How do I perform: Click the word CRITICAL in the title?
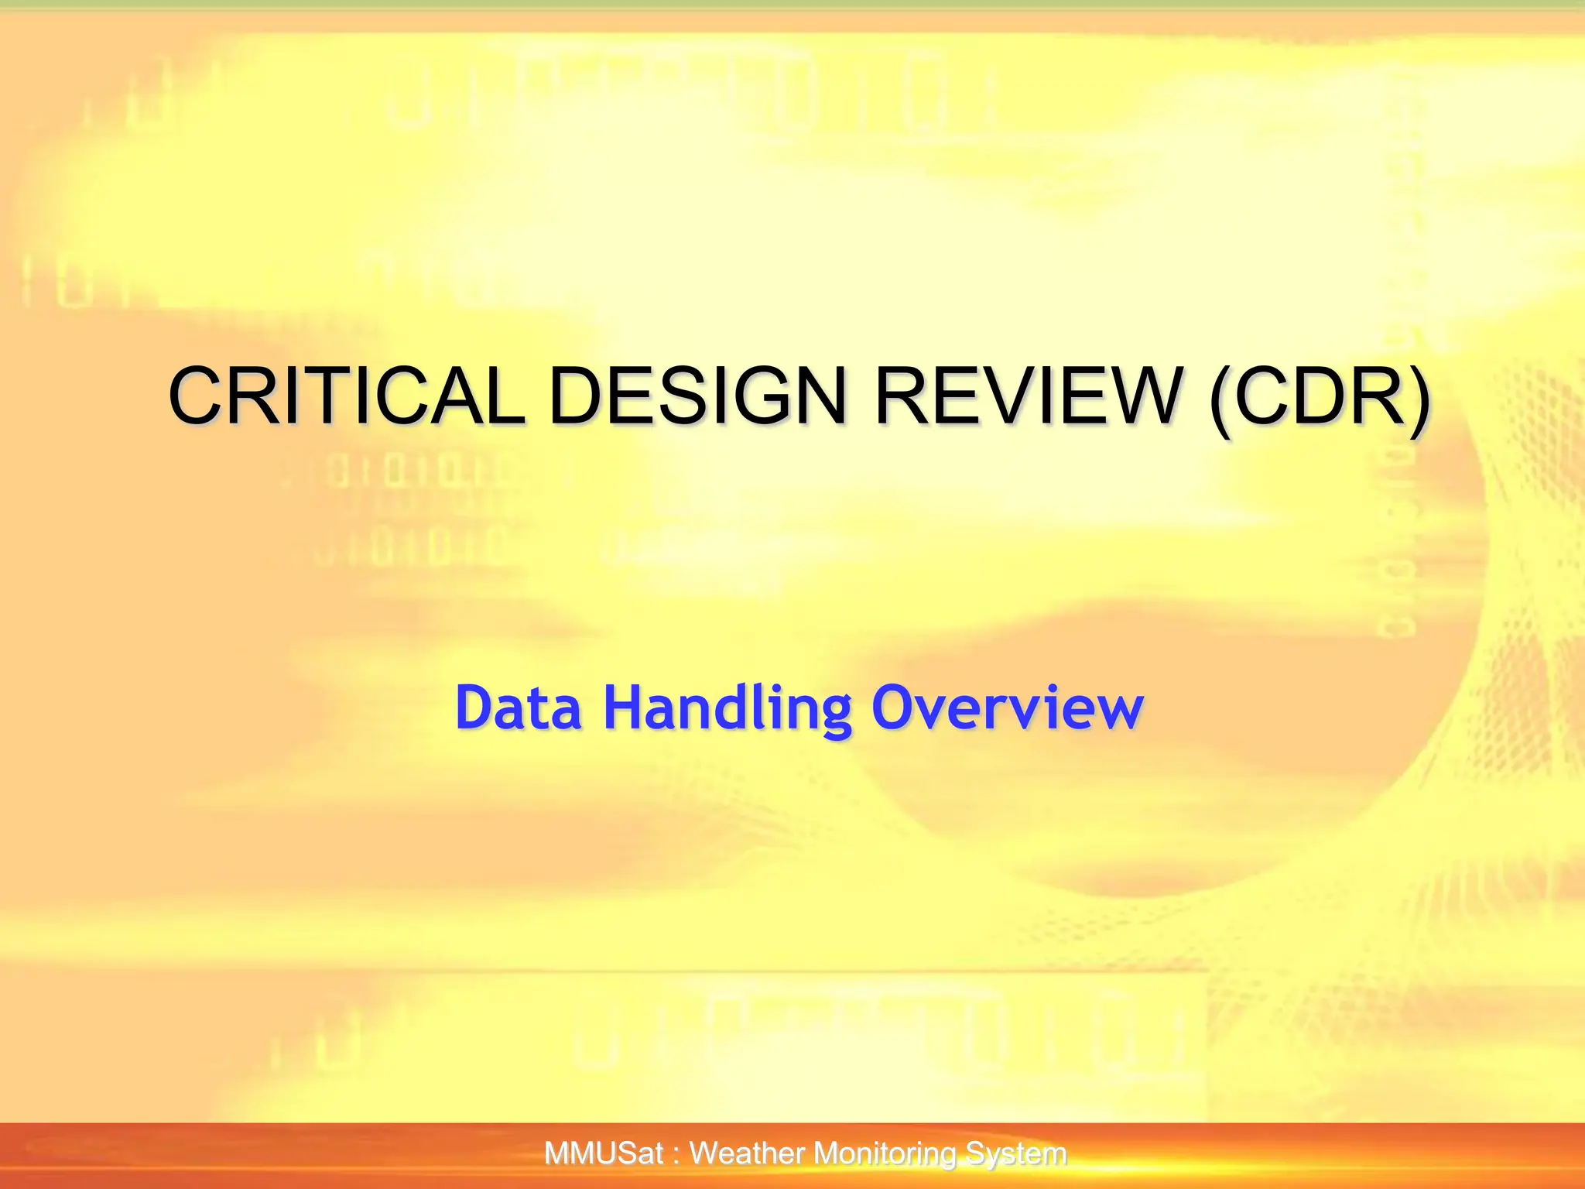pyautogui.click(x=346, y=396)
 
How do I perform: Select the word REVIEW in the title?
pyautogui.click(x=1029, y=396)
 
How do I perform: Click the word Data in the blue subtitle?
pyautogui.click(x=518, y=708)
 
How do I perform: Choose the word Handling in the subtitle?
pyautogui.click(x=727, y=708)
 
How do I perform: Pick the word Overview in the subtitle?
pyautogui.click(x=1007, y=708)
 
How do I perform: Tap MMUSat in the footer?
pyautogui.click(x=604, y=1154)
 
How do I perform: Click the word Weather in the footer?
pyautogui.click(x=748, y=1154)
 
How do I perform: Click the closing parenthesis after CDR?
pyautogui.click(x=1418, y=398)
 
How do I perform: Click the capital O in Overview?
pyautogui.click(x=894, y=708)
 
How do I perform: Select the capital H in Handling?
pyautogui.click(x=624, y=708)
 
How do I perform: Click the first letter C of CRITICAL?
pyautogui.click(x=198, y=396)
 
